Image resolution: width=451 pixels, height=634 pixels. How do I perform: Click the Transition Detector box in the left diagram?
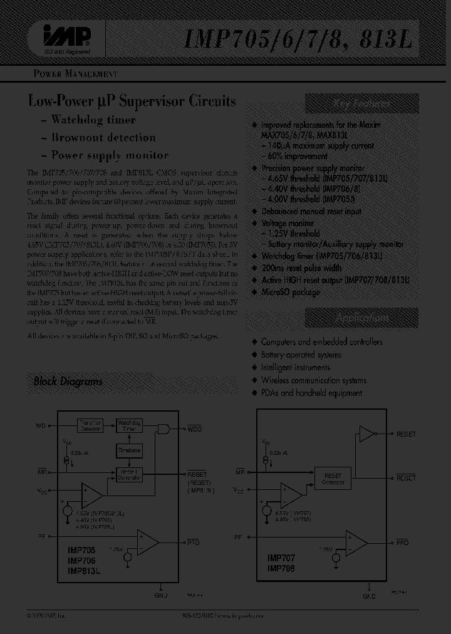90,426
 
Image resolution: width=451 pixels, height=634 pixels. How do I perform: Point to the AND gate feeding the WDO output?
164,429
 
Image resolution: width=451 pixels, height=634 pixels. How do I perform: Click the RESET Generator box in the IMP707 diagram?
333,479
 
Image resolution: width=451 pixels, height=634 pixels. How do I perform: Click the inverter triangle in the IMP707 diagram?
365,434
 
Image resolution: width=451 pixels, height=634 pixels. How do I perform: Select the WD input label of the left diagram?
41,427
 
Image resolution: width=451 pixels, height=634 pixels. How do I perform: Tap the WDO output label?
195,430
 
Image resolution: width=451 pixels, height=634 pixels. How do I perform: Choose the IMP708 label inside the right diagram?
281,568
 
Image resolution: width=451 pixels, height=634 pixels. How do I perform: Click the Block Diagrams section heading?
68,381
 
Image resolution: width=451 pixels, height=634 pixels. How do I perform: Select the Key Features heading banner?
361,105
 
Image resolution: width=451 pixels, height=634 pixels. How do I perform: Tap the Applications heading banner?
361,319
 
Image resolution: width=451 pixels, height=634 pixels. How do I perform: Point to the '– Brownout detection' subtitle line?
103,137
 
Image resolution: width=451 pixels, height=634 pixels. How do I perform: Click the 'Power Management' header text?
75,74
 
